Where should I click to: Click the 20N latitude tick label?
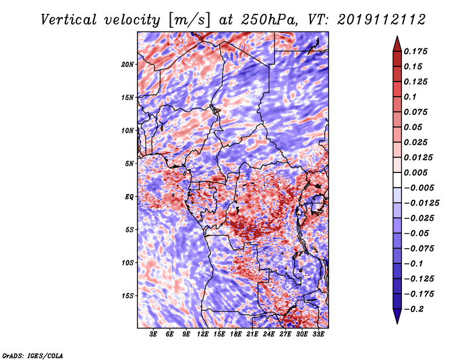127,64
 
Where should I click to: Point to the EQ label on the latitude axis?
129,197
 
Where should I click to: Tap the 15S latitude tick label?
128,296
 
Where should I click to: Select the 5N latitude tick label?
129,164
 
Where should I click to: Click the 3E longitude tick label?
153,334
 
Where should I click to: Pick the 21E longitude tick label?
252,334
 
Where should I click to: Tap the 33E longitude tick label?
318,334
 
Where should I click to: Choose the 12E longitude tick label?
202,334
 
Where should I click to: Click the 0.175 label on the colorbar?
415,51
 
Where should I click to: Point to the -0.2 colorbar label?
414,309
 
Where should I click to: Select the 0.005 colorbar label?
415,172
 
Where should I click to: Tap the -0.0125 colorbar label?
421,203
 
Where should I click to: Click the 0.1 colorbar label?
410,97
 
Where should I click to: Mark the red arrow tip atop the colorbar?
397,36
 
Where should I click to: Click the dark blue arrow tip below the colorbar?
397,323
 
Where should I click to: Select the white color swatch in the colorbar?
397,180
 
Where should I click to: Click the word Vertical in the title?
68,20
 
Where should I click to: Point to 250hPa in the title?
269,20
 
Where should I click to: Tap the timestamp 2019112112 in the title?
382,20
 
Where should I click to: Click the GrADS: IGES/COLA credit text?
32,355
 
